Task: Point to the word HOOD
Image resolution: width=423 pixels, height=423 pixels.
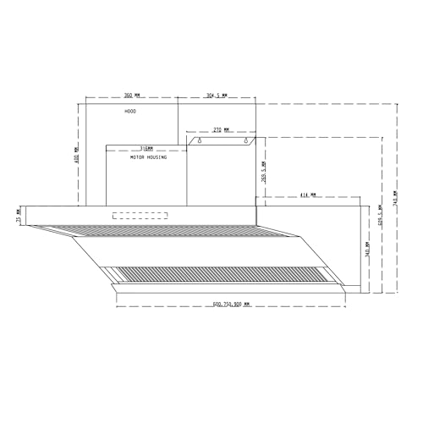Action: tap(129, 112)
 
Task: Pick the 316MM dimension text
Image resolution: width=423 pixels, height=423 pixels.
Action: tap(146, 147)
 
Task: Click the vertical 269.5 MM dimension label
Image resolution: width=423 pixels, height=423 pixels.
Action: tap(264, 173)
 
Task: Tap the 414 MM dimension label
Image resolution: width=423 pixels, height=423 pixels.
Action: tap(307, 195)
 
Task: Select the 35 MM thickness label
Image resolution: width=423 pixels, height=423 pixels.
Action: tap(19, 220)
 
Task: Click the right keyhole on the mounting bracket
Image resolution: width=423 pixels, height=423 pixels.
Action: tap(248, 142)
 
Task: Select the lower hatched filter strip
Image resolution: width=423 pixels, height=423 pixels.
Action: tap(216, 273)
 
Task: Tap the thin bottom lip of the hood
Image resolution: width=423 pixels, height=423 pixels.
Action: tap(228, 288)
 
